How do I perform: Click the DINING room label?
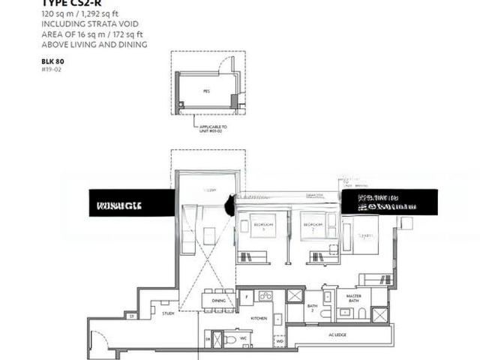tap(218, 300)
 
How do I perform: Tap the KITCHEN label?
tap(258, 319)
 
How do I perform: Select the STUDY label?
tap(168, 313)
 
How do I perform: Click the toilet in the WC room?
tap(229, 339)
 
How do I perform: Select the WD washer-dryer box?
tap(280, 341)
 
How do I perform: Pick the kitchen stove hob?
tap(265, 295)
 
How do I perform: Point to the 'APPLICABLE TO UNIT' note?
tap(213, 129)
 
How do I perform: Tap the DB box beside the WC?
tap(208, 340)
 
